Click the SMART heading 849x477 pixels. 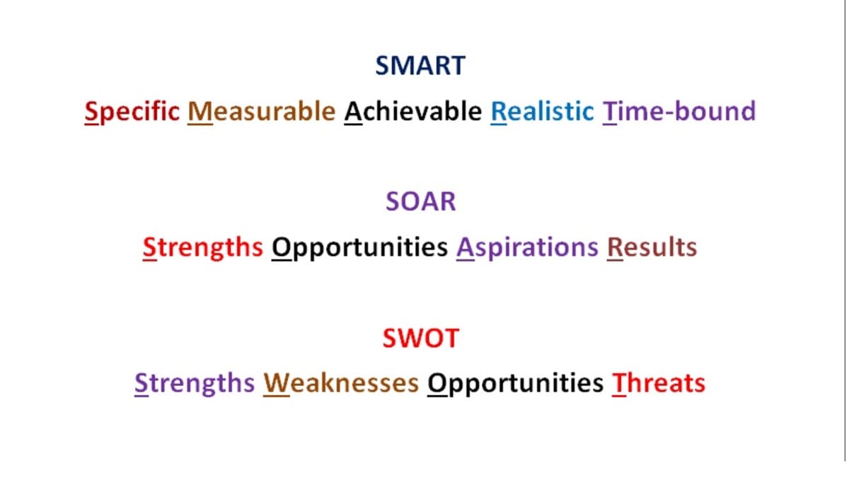click(x=420, y=66)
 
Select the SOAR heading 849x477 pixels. click(x=421, y=201)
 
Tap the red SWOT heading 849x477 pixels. click(x=421, y=338)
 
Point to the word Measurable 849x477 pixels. click(x=262, y=112)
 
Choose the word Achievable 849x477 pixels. click(x=413, y=112)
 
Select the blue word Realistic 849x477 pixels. click(x=543, y=112)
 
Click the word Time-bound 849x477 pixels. click(x=679, y=112)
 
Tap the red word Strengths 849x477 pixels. click(x=203, y=248)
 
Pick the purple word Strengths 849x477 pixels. click(x=195, y=384)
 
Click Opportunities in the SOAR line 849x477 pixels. click(x=359, y=248)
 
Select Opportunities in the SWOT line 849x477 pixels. click(x=515, y=384)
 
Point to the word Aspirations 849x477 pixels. click(x=527, y=248)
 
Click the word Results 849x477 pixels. click(x=652, y=247)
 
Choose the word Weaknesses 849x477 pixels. click(x=341, y=384)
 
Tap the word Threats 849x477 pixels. click(x=659, y=384)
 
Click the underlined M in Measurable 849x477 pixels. click(x=200, y=112)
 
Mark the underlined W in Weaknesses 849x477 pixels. click(x=277, y=384)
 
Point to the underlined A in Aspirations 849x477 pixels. click(x=466, y=248)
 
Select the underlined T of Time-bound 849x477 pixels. click(x=610, y=112)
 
